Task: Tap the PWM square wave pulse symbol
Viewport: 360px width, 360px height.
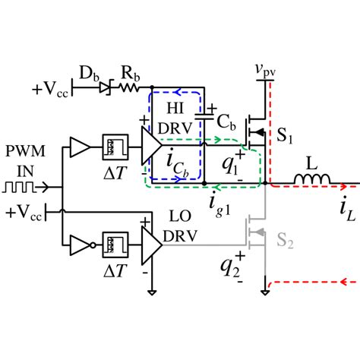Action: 20,184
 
